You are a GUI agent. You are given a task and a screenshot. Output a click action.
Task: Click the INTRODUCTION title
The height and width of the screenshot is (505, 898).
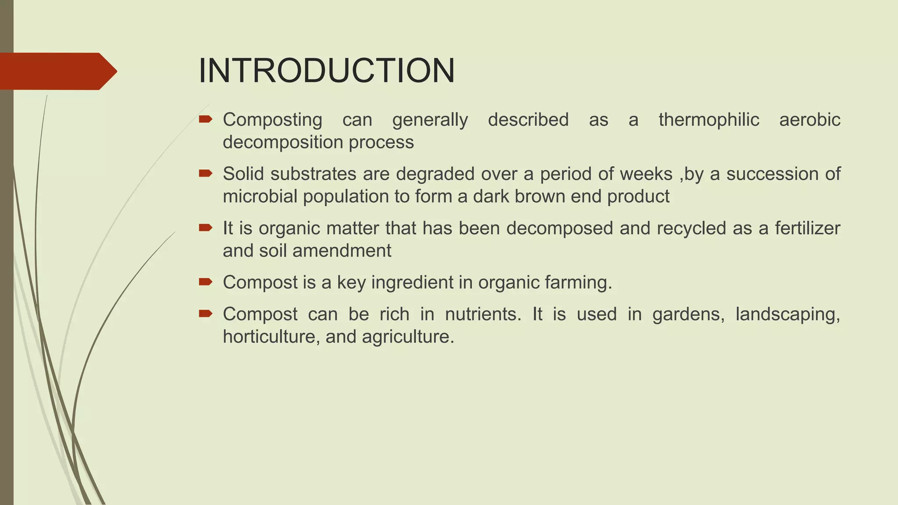(327, 71)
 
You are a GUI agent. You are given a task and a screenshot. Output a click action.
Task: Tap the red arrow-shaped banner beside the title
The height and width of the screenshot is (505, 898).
(57, 71)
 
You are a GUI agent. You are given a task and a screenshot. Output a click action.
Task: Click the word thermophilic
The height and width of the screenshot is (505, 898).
(709, 120)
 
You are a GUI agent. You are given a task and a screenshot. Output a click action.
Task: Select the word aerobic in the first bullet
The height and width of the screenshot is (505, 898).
(809, 120)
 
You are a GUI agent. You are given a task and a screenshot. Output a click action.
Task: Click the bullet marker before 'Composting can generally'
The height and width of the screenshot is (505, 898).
(205, 119)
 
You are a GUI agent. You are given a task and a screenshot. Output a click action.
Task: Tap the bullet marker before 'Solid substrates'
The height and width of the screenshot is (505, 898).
(205, 174)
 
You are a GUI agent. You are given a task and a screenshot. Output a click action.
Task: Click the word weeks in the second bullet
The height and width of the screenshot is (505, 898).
(646, 174)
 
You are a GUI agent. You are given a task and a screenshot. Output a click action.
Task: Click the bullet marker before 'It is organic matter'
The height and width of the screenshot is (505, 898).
(205, 228)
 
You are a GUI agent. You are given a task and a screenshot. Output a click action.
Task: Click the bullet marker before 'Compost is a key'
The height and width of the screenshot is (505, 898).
(205, 282)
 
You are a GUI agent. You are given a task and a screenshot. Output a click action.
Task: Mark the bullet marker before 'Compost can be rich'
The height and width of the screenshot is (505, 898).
(205, 313)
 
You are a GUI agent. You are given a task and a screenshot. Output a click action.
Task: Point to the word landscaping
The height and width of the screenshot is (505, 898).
(788, 315)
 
